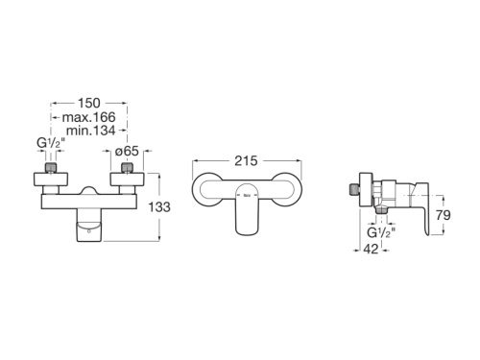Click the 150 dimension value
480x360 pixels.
click(x=90, y=100)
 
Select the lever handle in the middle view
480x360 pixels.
click(x=247, y=209)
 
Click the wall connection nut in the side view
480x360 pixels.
click(x=358, y=191)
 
